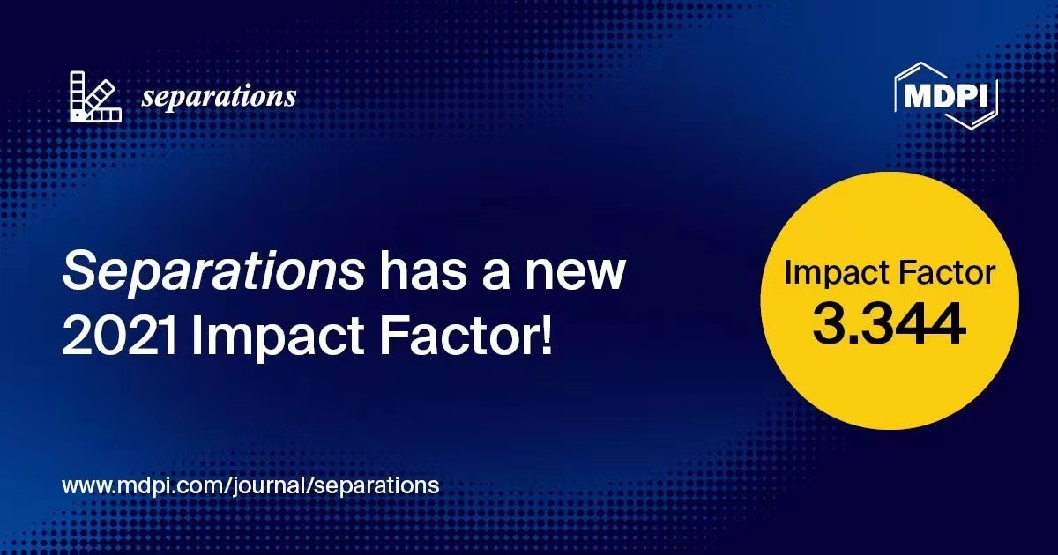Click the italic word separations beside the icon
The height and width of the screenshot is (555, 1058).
coord(219,97)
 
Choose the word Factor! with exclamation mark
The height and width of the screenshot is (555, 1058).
coord(466,337)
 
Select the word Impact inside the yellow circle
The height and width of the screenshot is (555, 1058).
coord(836,273)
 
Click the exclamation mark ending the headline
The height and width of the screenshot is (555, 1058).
coord(547,337)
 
